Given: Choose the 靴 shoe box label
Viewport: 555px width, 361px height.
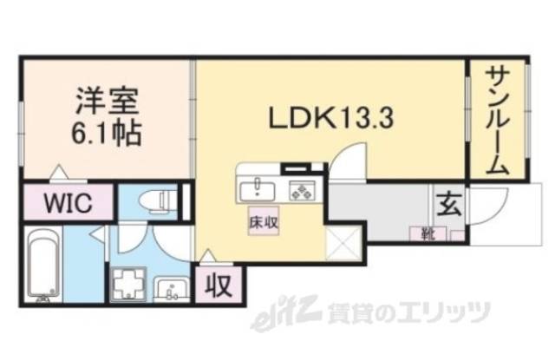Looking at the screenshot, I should coord(428,233).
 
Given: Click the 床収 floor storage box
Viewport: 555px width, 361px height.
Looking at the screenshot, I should coord(264,222).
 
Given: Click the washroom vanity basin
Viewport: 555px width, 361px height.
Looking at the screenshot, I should coord(172,287).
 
